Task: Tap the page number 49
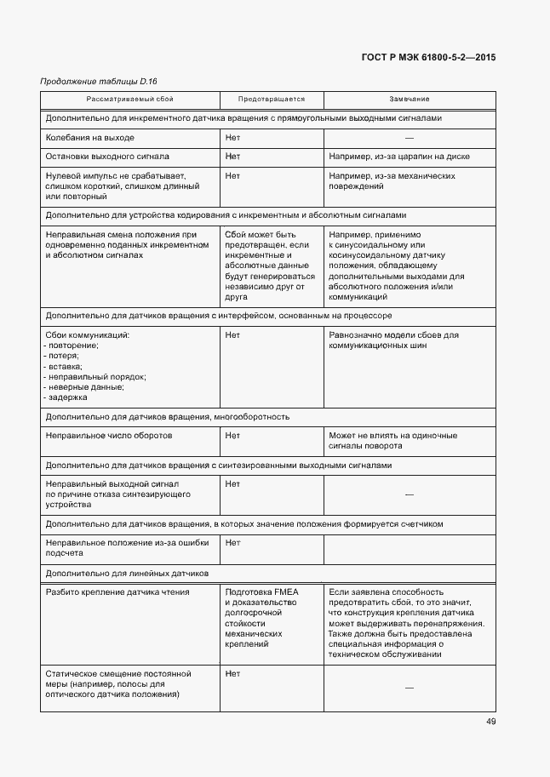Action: [491, 722]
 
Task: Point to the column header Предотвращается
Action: [271, 100]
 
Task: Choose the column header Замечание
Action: [410, 100]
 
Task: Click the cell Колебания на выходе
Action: [90, 138]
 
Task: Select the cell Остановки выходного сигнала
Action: [107, 157]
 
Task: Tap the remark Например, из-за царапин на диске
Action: [399, 157]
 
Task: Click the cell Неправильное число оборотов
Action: [109, 436]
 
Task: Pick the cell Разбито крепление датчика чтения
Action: [117, 592]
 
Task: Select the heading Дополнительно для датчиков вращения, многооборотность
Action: [168, 417]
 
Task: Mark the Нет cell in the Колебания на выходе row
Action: [232, 138]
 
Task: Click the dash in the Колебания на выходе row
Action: [410, 138]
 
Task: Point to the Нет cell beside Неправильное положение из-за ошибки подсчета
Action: [232, 542]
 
